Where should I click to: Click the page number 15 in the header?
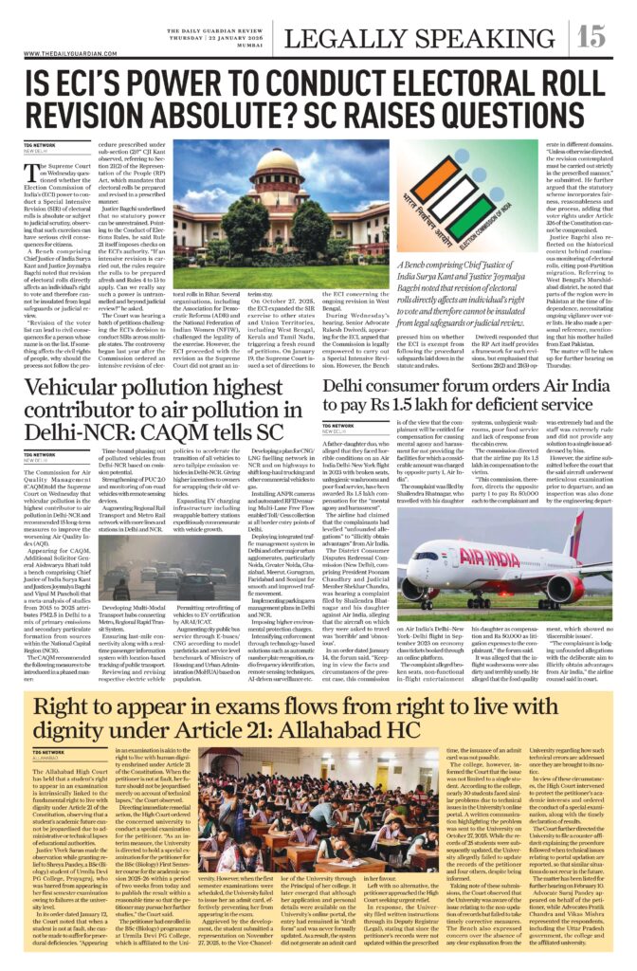(x=591, y=36)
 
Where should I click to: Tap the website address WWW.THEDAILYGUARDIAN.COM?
(x=66, y=55)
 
